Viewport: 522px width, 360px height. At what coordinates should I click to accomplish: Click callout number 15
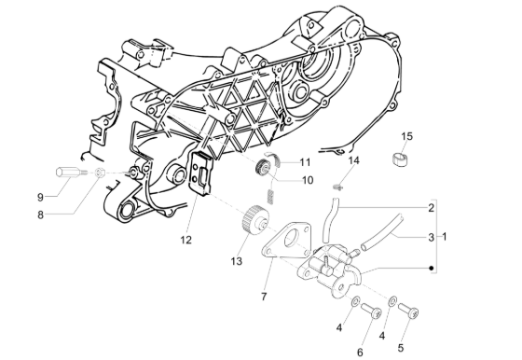pyautogui.click(x=406, y=137)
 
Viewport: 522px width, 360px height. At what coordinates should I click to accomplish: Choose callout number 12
pyautogui.click(x=186, y=240)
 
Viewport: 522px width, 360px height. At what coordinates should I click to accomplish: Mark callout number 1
pyautogui.click(x=444, y=237)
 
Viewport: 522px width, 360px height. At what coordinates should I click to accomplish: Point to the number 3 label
pyautogui.click(x=431, y=237)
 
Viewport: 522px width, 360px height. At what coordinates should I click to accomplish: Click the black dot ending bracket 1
pyautogui.click(x=431, y=269)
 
